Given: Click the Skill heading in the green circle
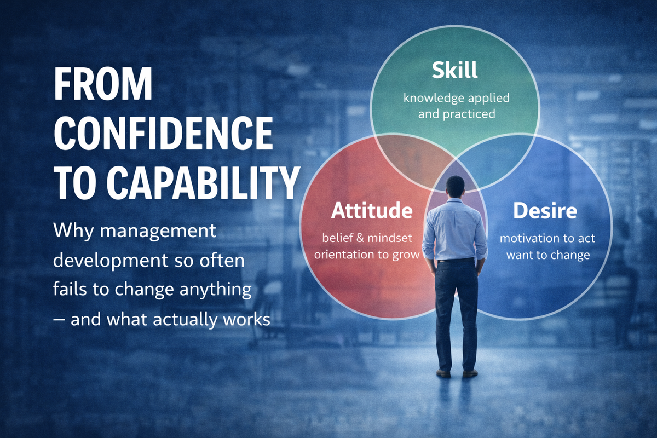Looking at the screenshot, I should coord(454,70).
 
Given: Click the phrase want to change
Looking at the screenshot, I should coord(548,255).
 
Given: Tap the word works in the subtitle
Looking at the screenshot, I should coord(246,319).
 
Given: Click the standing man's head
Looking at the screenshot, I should coord(455,186).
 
